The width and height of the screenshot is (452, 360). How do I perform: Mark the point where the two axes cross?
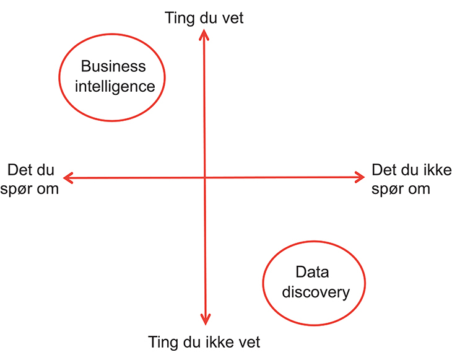pyautogui.click(x=205, y=177)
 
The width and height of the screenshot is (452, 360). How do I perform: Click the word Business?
pyautogui.click(x=113, y=66)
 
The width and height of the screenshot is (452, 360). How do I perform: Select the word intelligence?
pyautogui.click(x=115, y=87)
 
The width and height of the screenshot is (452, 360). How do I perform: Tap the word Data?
pyautogui.click(x=312, y=272)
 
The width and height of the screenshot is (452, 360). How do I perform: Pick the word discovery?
pyautogui.click(x=316, y=292)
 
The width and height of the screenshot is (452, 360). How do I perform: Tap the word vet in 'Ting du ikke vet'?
pyautogui.click(x=249, y=343)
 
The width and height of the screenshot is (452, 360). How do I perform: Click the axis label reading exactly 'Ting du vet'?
pyautogui.click(x=204, y=18)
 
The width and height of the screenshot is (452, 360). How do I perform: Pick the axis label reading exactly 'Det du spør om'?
pyautogui.click(x=30, y=179)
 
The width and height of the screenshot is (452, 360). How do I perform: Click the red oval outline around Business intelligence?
pyautogui.click(x=112, y=77)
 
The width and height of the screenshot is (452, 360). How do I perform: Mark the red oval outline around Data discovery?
pyautogui.click(x=314, y=283)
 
